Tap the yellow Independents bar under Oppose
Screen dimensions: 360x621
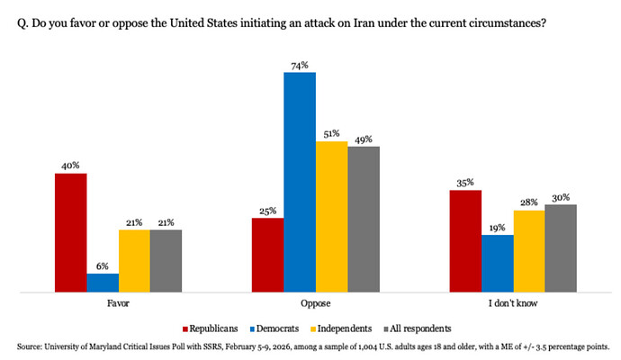click(331, 216)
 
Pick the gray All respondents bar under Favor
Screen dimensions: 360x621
click(166, 261)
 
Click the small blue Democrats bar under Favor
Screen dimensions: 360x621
click(103, 283)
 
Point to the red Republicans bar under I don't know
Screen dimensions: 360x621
click(465, 241)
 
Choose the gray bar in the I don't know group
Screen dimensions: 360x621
click(560, 248)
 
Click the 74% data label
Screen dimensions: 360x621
click(300, 65)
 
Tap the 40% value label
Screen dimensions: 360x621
click(70, 166)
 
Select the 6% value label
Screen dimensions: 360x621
click(103, 266)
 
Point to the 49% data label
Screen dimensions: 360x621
click(364, 139)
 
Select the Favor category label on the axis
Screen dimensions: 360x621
click(118, 304)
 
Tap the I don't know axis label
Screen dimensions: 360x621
click(512, 304)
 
